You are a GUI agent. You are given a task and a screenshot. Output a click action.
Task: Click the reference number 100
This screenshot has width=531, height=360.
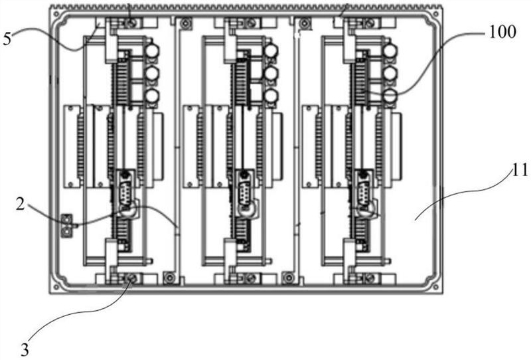pos(502,32)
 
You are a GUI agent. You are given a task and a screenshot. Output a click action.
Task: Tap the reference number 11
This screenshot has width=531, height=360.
pos(520,171)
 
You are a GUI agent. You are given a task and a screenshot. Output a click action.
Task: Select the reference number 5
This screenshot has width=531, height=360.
pos(7,39)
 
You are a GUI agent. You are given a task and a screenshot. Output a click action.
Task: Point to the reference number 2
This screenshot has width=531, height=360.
pos(21,205)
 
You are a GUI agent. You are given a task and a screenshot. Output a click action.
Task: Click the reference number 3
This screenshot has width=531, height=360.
pos(25,349)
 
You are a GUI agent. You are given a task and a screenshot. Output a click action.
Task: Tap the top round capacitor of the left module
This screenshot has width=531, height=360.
pos(152,50)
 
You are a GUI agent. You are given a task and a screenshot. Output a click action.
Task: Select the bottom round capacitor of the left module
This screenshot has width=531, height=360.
pos(152,96)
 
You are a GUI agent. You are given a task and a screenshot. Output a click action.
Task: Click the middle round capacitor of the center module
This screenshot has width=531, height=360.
pos(271,73)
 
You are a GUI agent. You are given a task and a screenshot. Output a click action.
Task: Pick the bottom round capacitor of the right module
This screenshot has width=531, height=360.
pos(390,96)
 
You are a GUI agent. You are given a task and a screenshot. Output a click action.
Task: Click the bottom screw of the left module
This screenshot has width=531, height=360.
pos(131,279)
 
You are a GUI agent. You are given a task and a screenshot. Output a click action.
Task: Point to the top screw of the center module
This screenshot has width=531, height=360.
pos(251,23)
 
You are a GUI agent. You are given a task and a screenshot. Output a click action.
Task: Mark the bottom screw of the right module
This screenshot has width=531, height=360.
pos(369,279)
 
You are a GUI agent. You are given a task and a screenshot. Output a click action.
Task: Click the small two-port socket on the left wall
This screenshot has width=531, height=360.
pos(67,226)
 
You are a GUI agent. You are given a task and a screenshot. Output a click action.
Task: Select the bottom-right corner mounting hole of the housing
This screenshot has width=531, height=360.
pos(436,288)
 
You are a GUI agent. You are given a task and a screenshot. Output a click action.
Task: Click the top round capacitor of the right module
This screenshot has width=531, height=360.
pos(390,50)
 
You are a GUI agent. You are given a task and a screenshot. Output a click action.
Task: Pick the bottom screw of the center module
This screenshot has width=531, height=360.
pos(251,279)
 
